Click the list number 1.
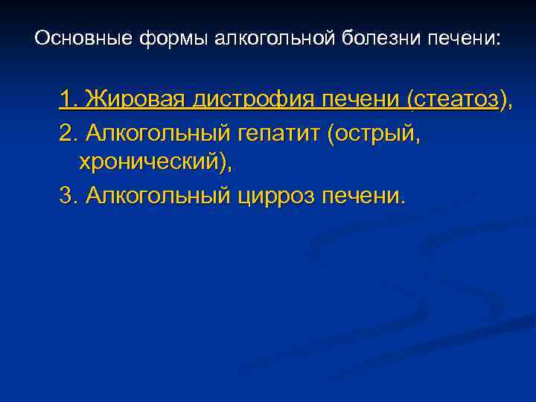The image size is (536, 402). point(68,99)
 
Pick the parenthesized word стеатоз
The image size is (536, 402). point(454,99)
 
